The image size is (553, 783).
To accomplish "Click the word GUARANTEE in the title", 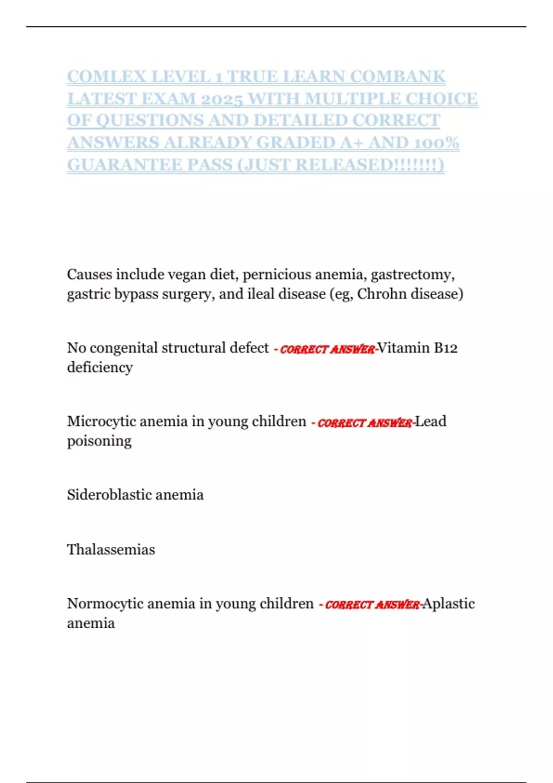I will tap(125, 164).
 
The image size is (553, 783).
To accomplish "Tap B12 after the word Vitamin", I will tap(446, 348).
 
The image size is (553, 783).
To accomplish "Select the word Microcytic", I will tap(101, 421).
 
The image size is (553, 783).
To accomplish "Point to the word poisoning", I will tap(99, 441).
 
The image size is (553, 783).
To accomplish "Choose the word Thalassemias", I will tap(111, 549).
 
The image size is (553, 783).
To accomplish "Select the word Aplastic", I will tap(449, 604).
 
